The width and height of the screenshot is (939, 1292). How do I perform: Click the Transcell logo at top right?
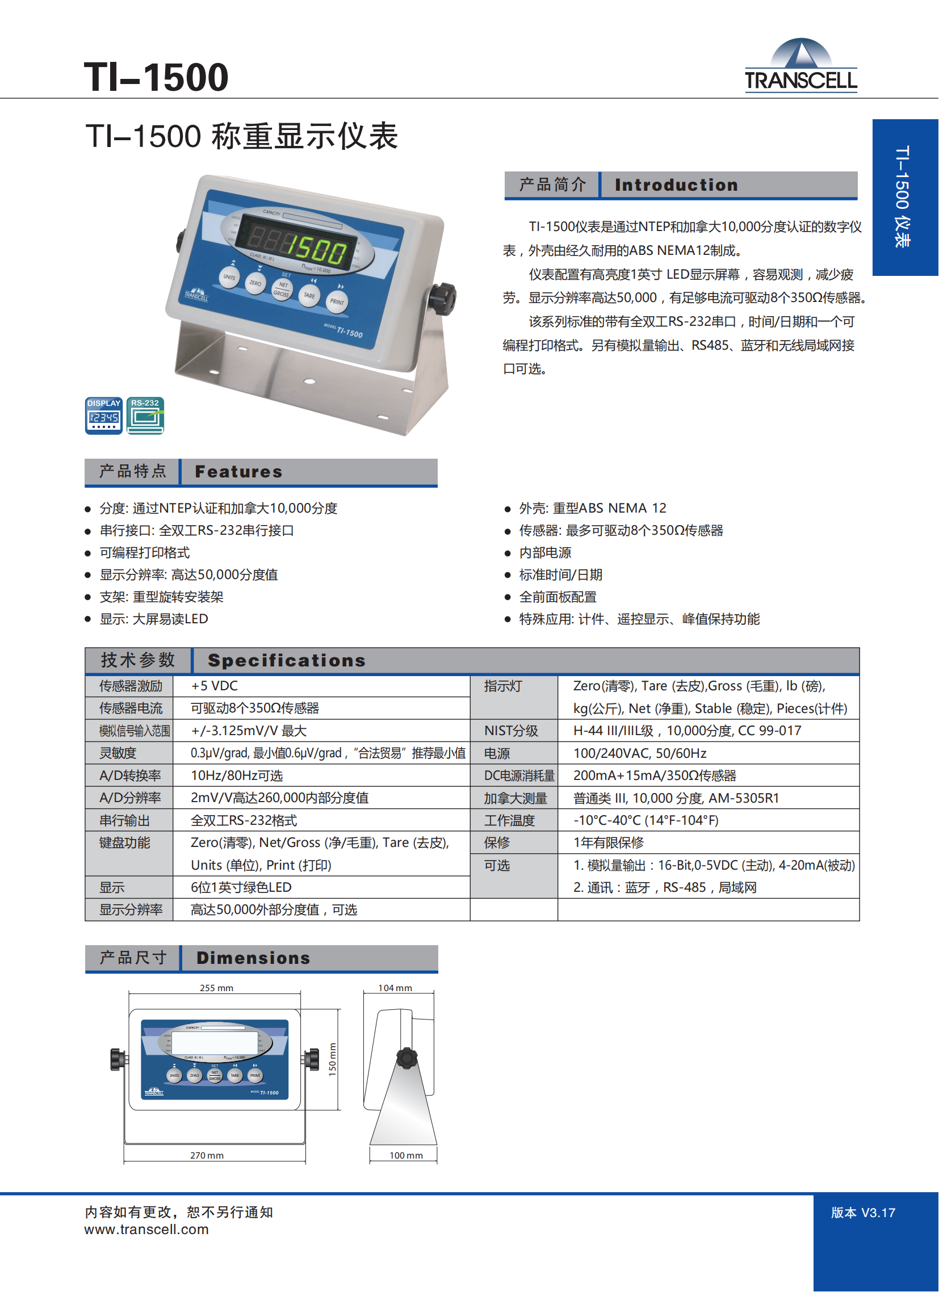[x=801, y=65]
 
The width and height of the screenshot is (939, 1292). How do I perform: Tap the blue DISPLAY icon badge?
[x=104, y=416]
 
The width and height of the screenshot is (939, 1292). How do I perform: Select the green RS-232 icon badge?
[x=145, y=416]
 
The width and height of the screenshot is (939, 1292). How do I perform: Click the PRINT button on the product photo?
[x=337, y=301]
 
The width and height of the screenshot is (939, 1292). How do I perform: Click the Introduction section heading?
[x=676, y=185]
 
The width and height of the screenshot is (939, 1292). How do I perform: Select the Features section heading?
[x=239, y=472]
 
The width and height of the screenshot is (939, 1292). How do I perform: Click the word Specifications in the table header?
[x=287, y=660]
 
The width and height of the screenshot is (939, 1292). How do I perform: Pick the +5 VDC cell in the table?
[x=214, y=686]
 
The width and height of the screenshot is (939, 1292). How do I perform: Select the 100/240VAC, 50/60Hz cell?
[x=640, y=753]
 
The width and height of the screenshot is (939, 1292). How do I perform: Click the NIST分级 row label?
[x=511, y=731]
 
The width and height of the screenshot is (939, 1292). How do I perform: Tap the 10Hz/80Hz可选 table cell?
[x=237, y=775]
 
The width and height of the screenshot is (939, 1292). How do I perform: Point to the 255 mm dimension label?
[x=216, y=988]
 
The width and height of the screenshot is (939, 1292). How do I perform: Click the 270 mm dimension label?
[x=207, y=1155]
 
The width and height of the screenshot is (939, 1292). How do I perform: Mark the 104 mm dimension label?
[x=395, y=988]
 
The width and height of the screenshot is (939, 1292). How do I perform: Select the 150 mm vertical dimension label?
[x=333, y=1059]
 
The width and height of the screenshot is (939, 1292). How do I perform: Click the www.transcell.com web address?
[x=146, y=1230]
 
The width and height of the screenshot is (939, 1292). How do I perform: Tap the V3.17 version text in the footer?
[x=878, y=1213]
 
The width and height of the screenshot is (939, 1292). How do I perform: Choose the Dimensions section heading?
[x=254, y=958]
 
